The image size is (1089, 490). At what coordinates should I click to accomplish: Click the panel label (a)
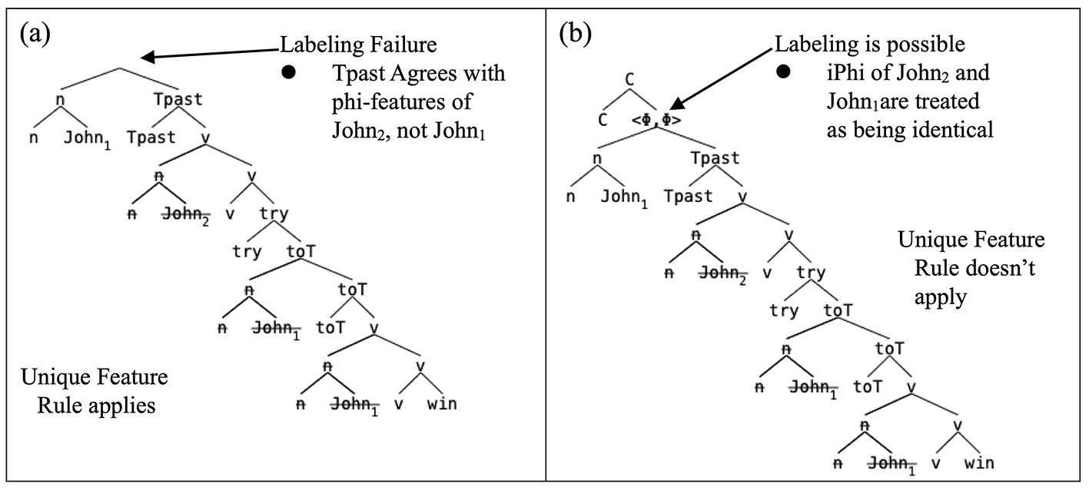tap(35, 35)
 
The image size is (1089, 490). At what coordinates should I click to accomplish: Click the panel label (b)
tap(575, 35)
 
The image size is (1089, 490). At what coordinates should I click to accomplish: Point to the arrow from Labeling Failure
tap(210, 54)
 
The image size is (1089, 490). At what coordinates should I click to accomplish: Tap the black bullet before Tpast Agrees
tap(288, 72)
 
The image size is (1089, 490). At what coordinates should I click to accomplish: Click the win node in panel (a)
tap(442, 403)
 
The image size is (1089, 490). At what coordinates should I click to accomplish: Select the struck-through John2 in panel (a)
tap(186, 214)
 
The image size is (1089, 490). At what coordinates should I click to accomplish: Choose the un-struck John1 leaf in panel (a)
tap(88, 138)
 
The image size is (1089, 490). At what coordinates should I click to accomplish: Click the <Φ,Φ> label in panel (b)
tap(656, 120)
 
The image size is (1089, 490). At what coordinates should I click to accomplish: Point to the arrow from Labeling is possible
tap(721, 78)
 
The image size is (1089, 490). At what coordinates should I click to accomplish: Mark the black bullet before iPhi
tap(783, 71)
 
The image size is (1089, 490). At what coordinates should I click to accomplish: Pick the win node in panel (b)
tap(979, 463)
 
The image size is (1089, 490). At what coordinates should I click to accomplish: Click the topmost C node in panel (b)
tap(629, 80)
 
